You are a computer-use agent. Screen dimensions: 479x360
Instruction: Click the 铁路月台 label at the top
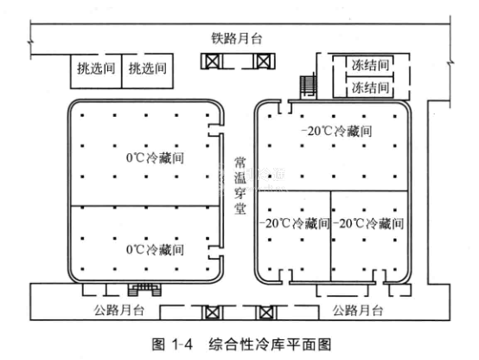click(x=237, y=39)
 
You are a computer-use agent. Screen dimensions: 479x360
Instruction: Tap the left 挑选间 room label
click(x=96, y=67)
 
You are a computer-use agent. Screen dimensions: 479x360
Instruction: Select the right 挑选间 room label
click(x=148, y=67)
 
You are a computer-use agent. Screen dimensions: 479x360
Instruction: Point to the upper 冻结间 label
click(x=370, y=65)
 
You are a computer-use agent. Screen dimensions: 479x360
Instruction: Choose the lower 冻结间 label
click(x=370, y=87)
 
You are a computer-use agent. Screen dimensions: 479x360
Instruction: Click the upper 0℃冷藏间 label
click(x=155, y=157)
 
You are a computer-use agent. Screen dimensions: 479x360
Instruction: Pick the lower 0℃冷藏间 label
click(x=155, y=249)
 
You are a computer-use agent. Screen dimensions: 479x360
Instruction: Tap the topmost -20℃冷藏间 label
click(x=336, y=131)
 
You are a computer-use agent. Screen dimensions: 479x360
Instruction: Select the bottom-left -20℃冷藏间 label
click(x=295, y=223)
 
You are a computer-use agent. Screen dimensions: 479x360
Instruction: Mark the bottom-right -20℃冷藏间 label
click(x=368, y=223)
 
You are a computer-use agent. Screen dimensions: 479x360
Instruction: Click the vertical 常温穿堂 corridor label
click(x=239, y=186)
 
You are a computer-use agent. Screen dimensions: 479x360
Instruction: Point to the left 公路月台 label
click(x=118, y=310)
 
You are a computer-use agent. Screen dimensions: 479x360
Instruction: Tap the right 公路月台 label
click(x=358, y=310)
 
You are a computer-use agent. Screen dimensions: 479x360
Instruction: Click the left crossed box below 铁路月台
click(x=212, y=61)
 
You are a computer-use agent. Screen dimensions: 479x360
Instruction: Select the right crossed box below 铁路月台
click(x=263, y=61)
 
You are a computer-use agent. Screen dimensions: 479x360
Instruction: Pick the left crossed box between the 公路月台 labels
click(x=211, y=312)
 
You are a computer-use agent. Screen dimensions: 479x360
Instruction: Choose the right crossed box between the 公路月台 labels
click(x=265, y=312)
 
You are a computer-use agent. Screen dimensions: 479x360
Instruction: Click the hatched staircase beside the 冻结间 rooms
click(x=307, y=86)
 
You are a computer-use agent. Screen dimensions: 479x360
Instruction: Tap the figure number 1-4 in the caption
click(x=182, y=344)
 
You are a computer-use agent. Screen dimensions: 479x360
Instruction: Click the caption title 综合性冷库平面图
click(x=270, y=344)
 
